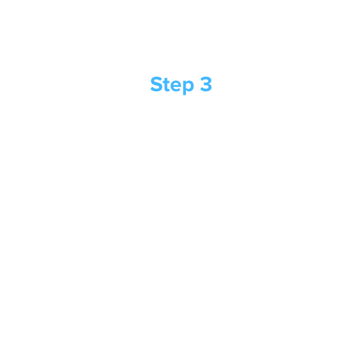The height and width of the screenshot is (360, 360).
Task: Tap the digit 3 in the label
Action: [x=206, y=84]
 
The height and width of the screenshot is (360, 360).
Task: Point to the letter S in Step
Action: [x=156, y=84]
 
